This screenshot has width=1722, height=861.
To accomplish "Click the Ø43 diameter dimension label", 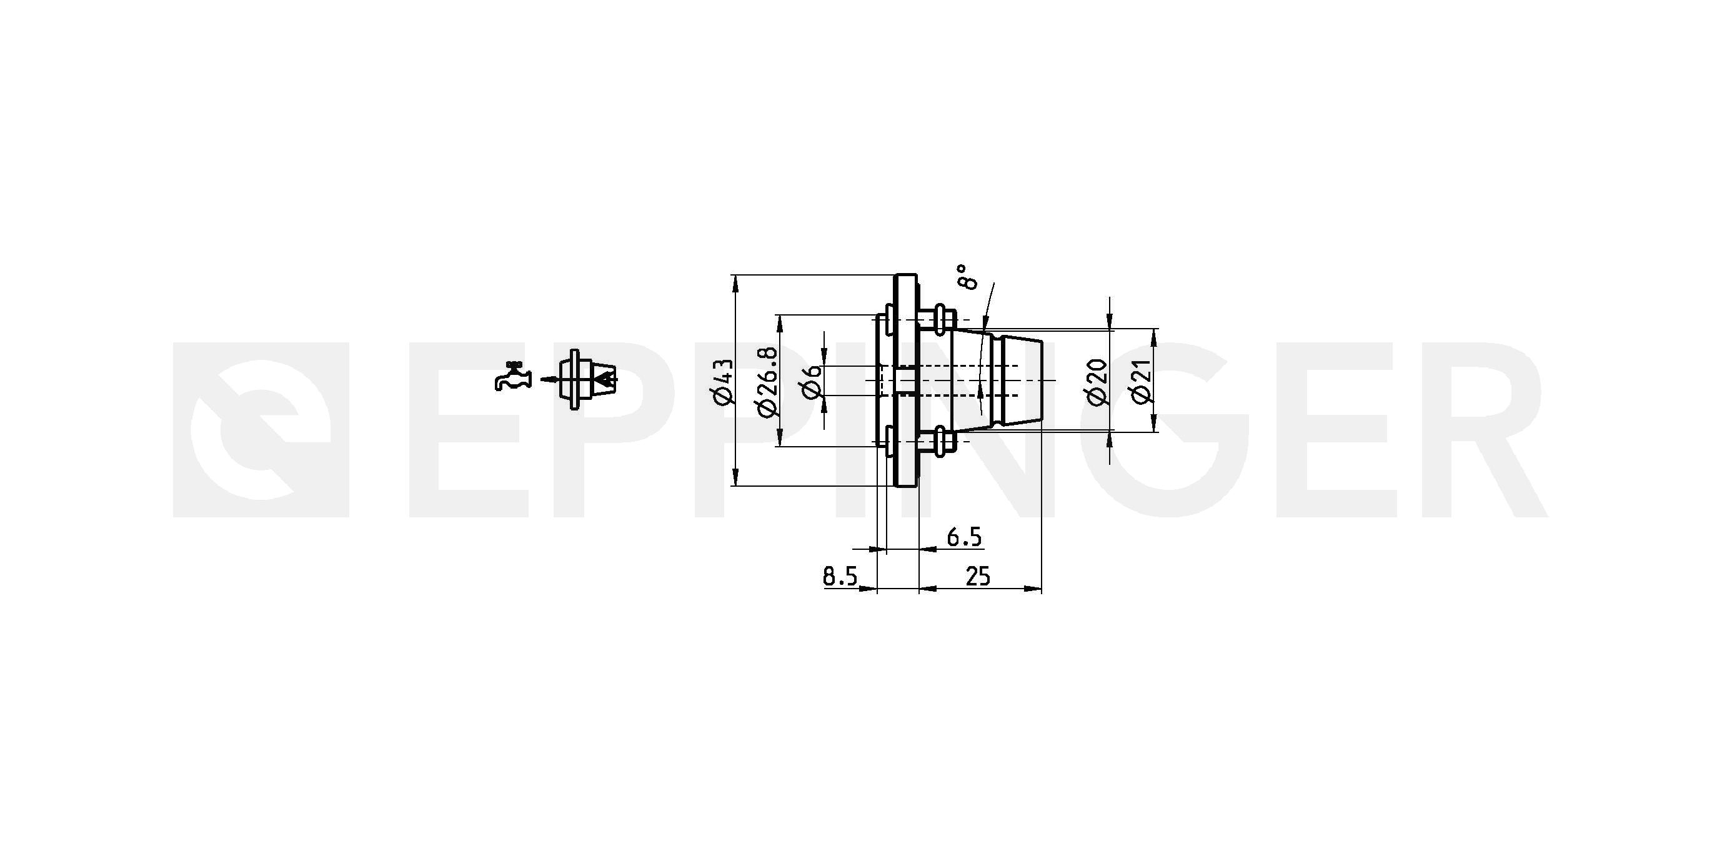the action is click(x=724, y=382).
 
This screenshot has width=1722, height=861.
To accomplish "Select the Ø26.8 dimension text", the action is click(x=768, y=381).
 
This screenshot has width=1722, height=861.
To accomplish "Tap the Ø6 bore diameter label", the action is click(x=813, y=382).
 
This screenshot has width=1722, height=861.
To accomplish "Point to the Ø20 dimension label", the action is click(x=1097, y=382).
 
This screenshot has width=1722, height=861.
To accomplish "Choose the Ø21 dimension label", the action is click(x=1142, y=382).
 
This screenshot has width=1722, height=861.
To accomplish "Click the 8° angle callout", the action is click(x=967, y=276).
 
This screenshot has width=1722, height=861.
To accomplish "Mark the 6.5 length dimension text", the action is click(x=964, y=537).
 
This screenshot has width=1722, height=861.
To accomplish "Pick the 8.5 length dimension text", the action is click(x=840, y=576).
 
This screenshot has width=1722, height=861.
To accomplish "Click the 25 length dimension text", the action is click(x=977, y=576).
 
